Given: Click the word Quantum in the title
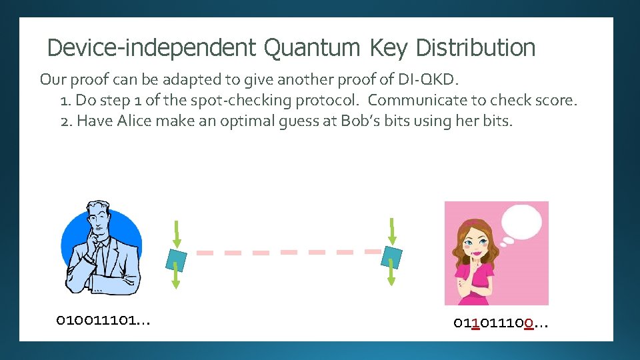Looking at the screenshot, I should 311,48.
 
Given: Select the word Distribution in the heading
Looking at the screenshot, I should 475,48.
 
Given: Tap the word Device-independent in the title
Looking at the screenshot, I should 151,48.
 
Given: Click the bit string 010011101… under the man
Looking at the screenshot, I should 103,321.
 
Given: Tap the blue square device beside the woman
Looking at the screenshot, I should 392,257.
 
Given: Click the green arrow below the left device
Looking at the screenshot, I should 176,277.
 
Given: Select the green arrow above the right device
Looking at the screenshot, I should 392,230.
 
